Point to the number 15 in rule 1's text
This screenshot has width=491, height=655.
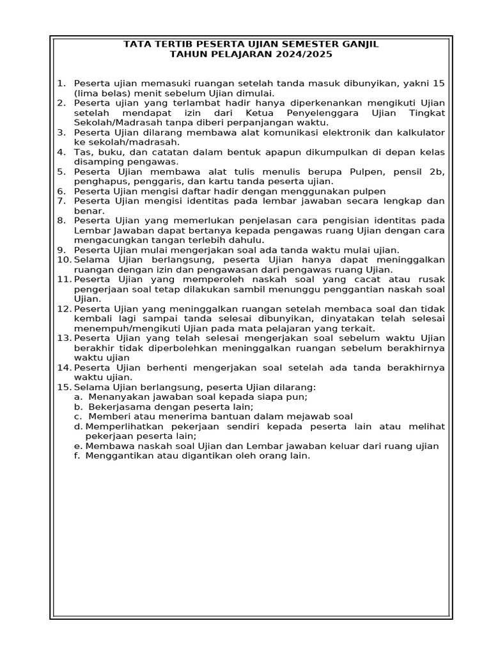pyautogui.click(x=439, y=83)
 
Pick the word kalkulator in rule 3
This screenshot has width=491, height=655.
pyautogui.click(x=420, y=132)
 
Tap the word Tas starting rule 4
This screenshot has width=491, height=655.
pyautogui.click(x=82, y=152)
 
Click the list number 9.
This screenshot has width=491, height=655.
pyautogui.click(x=61, y=250)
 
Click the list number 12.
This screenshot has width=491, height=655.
pyautogui.click(x=64, y=309)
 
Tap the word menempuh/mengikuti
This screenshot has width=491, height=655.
pyautogui.click(x=125, y=329)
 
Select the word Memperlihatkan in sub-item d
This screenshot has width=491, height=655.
pyautogui.click(x=122, y=427)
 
